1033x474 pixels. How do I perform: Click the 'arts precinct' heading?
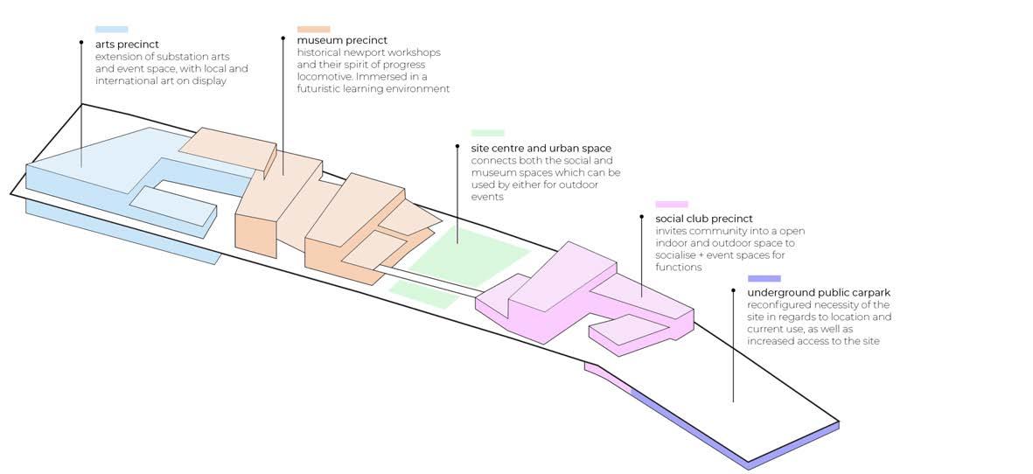127,44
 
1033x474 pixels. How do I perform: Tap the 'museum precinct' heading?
342,40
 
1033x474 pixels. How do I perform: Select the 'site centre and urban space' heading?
541,149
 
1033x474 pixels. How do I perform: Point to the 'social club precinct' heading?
704,219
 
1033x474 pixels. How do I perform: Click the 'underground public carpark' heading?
819,292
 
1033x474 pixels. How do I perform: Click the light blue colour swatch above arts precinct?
112,30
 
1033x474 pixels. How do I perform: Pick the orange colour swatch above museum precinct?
314,29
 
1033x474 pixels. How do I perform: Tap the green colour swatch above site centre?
487,133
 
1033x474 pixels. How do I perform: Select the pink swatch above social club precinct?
672,205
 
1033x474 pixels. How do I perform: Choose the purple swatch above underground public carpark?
764,279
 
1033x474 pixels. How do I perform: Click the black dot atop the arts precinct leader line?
81,42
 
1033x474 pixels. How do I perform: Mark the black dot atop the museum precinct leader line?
283,38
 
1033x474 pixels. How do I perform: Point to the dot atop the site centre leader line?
457,147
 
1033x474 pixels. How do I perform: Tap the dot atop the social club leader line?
642,217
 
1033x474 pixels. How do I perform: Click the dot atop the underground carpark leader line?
734,290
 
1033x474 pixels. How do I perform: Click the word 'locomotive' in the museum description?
324,77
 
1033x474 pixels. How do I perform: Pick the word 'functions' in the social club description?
679,268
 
